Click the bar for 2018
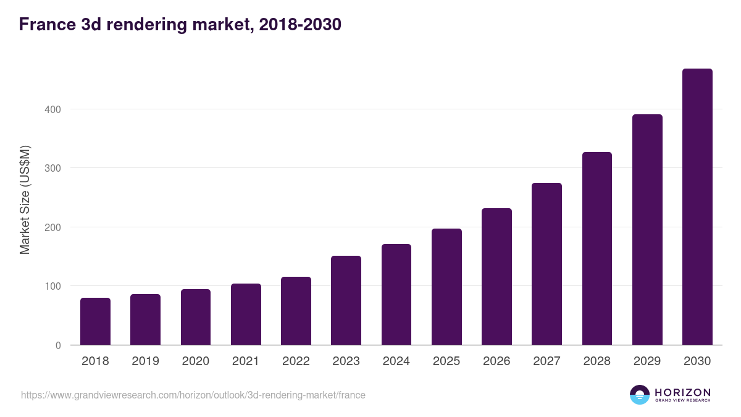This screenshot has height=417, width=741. pyautogui.click(x=95, y=321)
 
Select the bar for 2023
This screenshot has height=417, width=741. pyautogui.click(x=346, y=300)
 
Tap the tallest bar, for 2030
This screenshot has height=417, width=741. pyautogui.click(x=697, y=207)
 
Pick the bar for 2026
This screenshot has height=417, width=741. pyautogui.click(x=496, y=277)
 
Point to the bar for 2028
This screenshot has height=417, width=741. pyautogui.click(x=597, y=248)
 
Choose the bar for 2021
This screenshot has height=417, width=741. pyautogui.click(x=246, y=314)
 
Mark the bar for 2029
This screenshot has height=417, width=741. pyautogui.click(x=647, y=230)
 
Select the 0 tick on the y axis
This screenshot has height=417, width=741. pyautogui.click(x=58, y=345)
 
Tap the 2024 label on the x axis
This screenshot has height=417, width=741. pyautogui.click(x=396, y=361)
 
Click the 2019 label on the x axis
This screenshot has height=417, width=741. pyautogui.click(x=145, y=361)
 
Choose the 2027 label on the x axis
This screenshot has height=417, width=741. pyautogui.click(x=546, y=361)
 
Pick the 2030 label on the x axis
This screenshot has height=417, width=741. pyautogui.click(x=697, y=361)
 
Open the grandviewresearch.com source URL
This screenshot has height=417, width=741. pyautogui.click(x=193, y=395)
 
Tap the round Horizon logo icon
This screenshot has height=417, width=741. pyautogui.click(x=640, y=395)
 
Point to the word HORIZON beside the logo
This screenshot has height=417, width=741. pyautogui.click(x=682, y=392)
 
